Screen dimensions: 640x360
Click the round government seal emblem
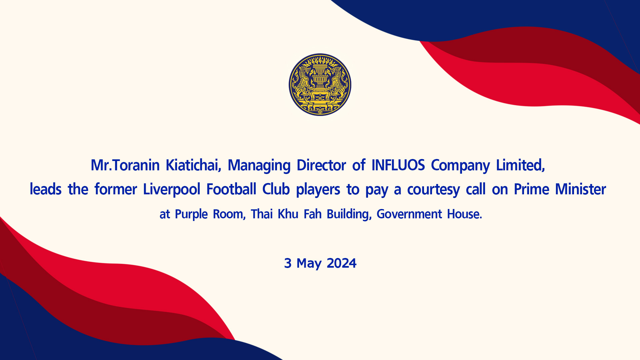click(x=320, y=85)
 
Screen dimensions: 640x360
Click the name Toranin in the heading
click(x=136, y=165)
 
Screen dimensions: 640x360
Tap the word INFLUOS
click(x=398, y=165)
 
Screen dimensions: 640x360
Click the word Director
click(x=321, y=165)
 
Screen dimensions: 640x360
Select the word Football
click(x=231, y=189)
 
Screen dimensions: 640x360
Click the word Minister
click(x=580, y=189)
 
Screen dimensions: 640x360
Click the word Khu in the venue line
click(x=288, y=214)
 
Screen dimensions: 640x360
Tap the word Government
click(x=409, y=214)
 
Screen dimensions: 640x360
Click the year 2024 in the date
click(x=342, y=263)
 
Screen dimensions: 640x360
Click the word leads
click(x=46, y=189)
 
